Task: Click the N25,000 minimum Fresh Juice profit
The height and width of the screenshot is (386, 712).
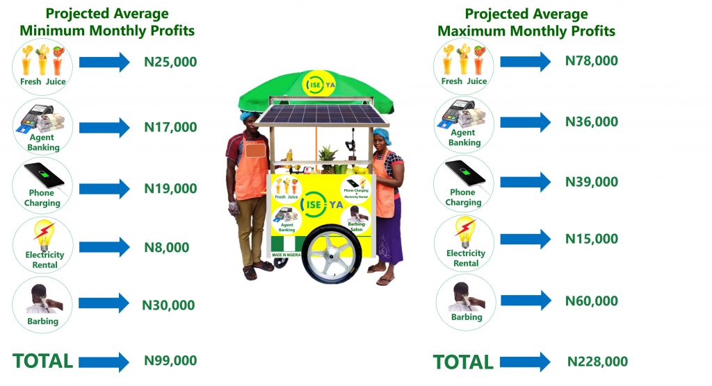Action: point(170,62)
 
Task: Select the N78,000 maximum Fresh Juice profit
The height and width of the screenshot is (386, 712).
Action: point(591,61)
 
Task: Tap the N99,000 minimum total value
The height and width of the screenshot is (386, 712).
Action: point(170,360)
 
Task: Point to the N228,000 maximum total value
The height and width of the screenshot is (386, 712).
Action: point(597,362)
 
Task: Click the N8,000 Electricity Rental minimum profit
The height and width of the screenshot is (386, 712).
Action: point(167,248)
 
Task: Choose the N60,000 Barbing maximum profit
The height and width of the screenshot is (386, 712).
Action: point(591,301)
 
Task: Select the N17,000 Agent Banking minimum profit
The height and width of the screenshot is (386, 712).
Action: point(170,127)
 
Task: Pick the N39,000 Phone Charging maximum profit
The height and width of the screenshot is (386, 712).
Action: point(591,182)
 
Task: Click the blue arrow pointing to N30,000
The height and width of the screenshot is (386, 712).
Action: point(104,303)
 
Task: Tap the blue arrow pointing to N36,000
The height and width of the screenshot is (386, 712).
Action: point(526,122)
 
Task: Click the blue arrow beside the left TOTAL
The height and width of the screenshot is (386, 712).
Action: point(104,362)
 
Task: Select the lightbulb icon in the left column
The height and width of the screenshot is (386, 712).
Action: point(44,235)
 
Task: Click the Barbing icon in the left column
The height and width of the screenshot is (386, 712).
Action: point(42,305)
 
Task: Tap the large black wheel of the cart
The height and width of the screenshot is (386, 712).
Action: point(332,253)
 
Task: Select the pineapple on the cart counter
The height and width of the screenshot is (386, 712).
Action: point(327,160)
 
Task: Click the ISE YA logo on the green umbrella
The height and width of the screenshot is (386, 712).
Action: point(318,85)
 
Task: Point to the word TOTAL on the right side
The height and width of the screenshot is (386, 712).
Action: point(463,362)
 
